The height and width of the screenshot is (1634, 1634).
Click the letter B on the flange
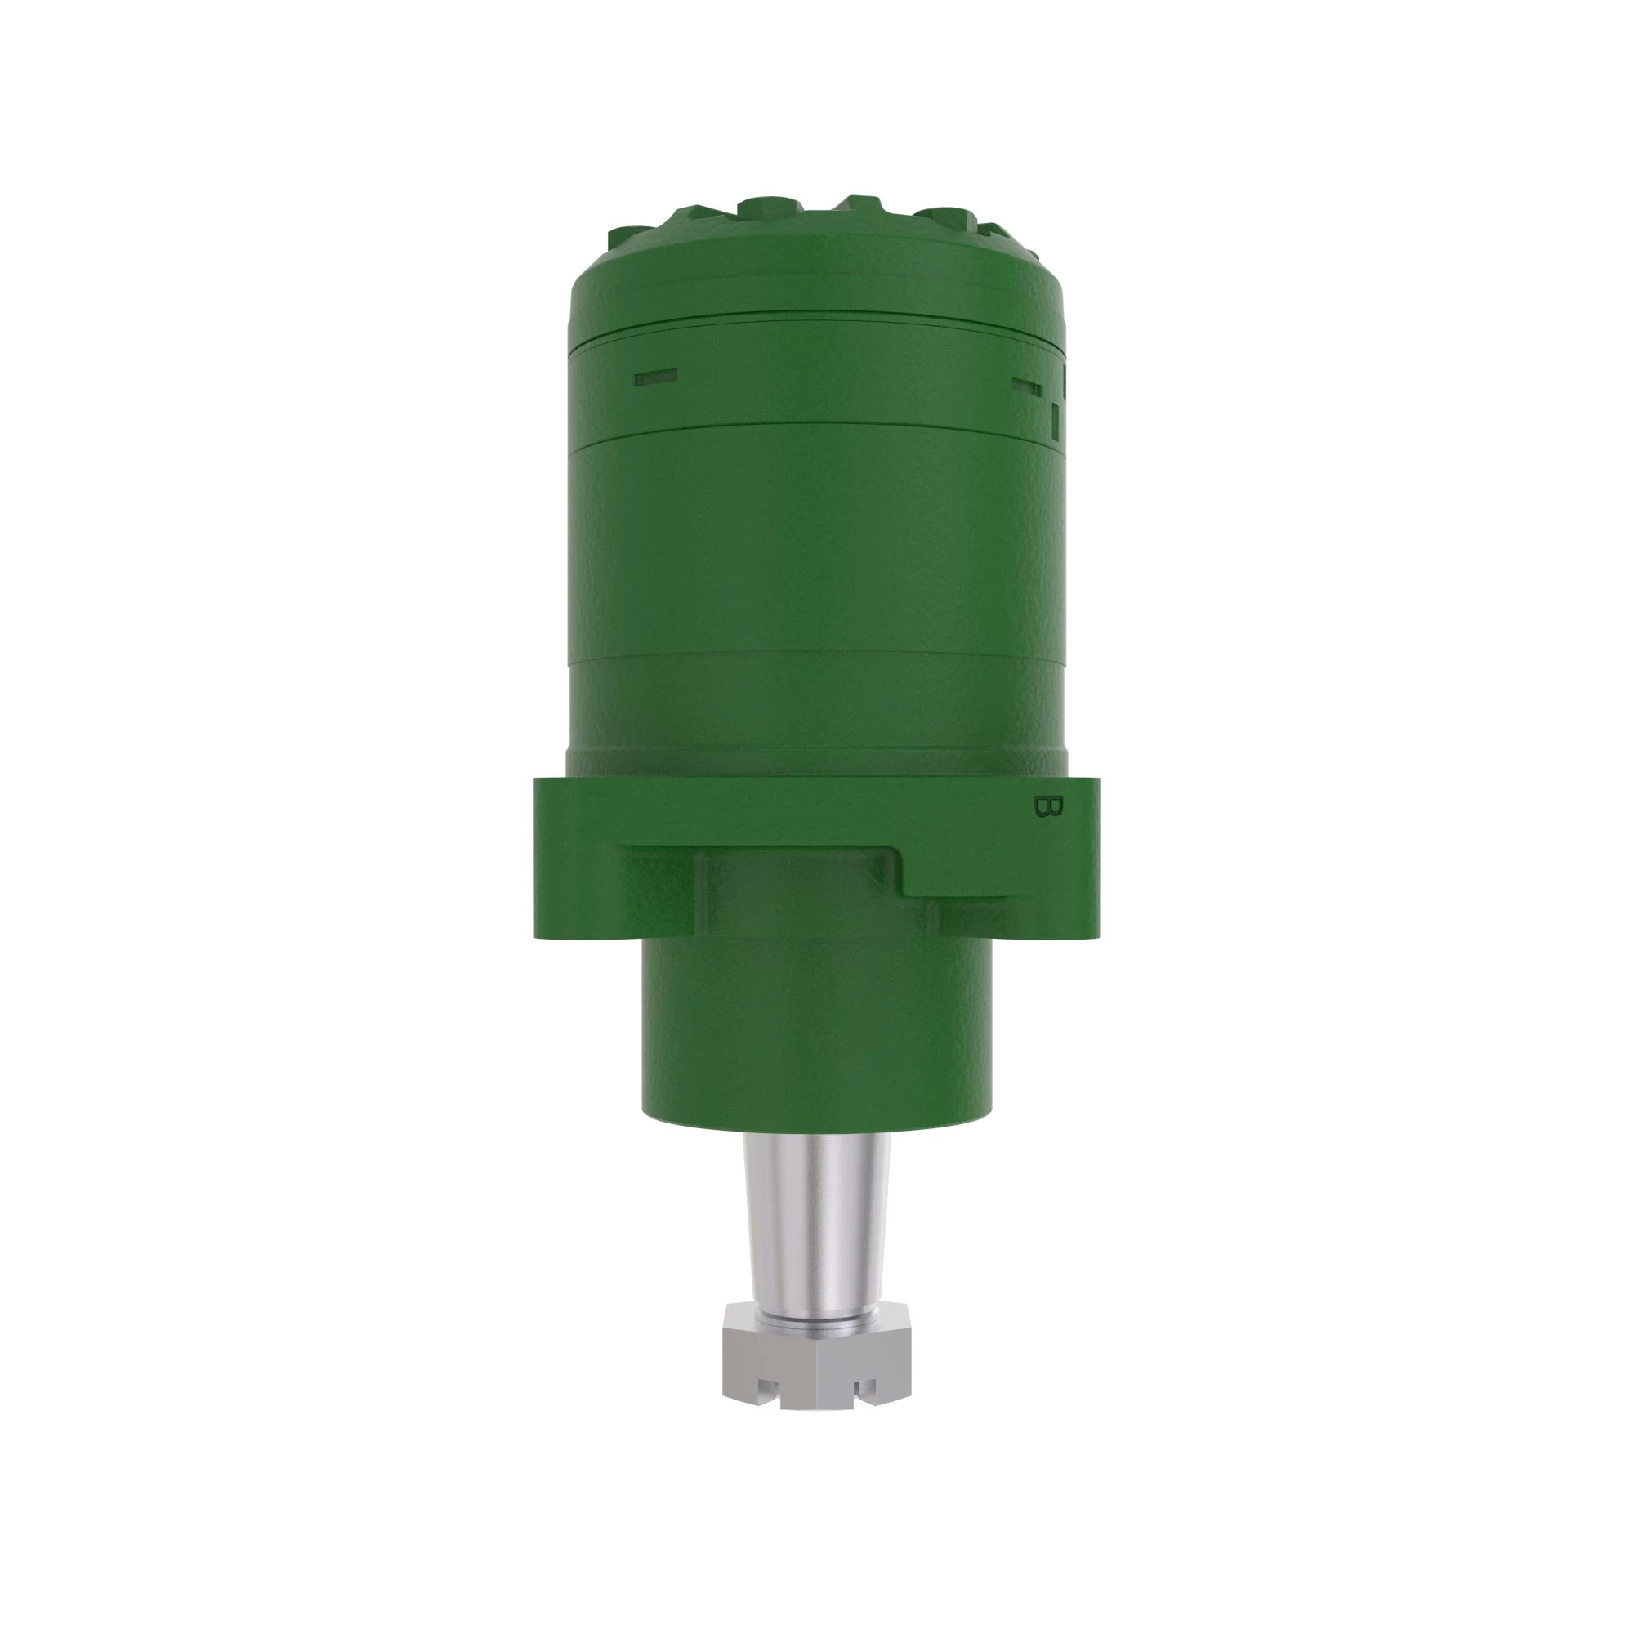click(x=1047, y=806)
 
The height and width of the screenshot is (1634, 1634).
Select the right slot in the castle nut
click(x=864, y=1388)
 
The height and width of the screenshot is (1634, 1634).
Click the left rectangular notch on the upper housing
click(x=655, y=377)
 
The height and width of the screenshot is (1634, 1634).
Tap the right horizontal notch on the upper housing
click(x=1027, y=386)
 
